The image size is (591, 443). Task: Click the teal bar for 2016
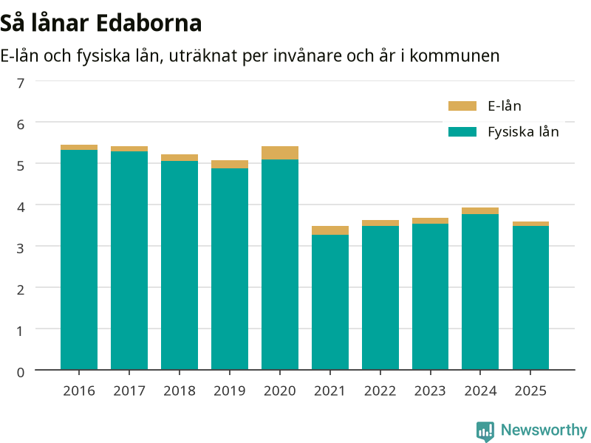79,260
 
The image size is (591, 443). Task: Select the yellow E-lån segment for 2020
280,153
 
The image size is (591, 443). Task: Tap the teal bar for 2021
329,302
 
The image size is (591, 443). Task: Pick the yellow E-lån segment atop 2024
480,211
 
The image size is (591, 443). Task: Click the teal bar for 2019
230,269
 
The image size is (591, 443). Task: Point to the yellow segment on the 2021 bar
329,230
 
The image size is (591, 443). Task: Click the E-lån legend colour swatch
462,106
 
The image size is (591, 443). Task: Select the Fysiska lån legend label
523,132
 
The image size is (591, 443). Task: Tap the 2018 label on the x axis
180,391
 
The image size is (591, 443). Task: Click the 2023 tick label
430,391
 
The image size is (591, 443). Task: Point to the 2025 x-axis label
530,391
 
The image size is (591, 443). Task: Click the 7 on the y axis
21,83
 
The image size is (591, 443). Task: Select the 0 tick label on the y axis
21,373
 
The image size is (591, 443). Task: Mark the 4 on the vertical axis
21,207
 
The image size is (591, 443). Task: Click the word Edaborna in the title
149,24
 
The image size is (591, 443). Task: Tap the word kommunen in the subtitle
454,56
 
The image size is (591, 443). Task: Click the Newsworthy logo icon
485,431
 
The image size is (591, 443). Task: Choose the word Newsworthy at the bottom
544,430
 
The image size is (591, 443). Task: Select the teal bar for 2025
530,298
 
